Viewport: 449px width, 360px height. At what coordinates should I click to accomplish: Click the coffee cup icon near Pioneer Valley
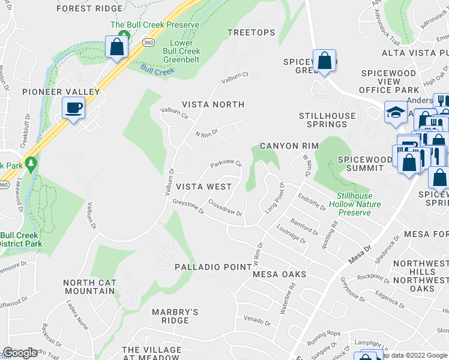point(73,109)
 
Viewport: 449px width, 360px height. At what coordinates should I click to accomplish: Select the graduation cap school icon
point(396,112)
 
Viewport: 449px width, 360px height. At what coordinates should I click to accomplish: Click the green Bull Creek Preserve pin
point(124,36)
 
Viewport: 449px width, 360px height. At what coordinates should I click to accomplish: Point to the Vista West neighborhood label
point(203,187)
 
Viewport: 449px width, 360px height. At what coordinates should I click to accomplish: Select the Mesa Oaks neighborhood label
point(279,274)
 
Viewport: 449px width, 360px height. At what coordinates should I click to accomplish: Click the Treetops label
point(252,32)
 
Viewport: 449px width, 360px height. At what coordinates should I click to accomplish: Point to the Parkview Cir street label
point(226,163)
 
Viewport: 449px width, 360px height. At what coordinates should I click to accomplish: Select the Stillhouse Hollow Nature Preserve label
point(355,204)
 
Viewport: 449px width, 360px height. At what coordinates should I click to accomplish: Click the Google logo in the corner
point(20,353)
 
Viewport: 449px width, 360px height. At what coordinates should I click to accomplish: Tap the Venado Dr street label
point(258,319)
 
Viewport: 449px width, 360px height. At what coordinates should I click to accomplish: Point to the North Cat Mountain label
point(89,287)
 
